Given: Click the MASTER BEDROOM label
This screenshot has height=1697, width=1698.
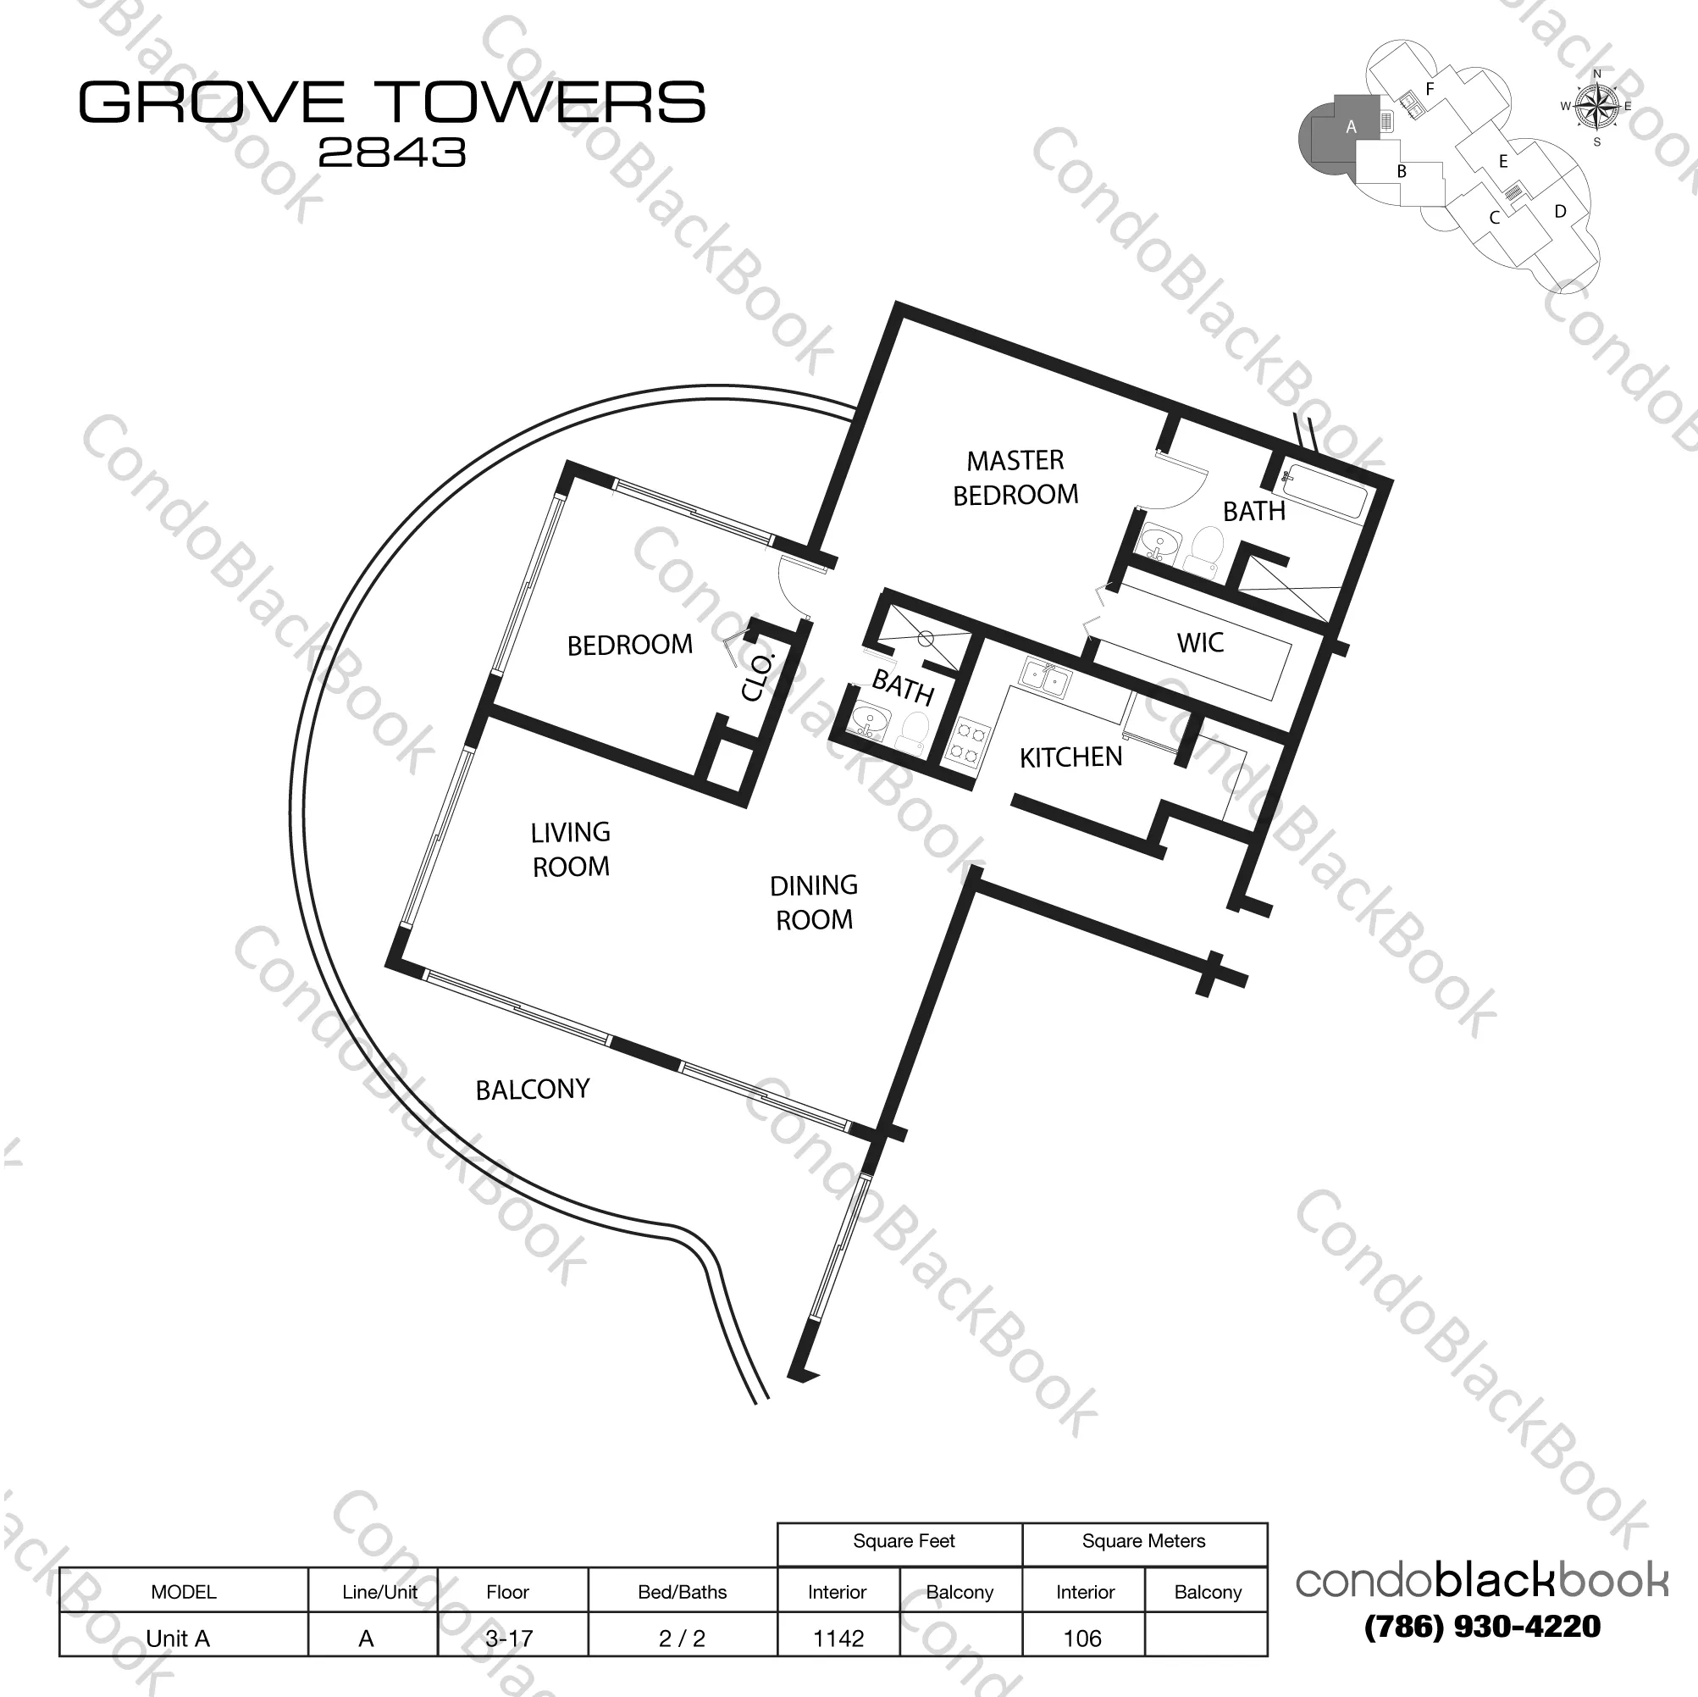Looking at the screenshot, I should coord(1015,478).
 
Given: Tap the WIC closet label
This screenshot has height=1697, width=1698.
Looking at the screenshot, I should coord(1200,643).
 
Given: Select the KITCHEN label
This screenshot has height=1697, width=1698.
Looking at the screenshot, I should coord(1070,757).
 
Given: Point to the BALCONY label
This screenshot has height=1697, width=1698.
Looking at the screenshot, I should coord(533,1090).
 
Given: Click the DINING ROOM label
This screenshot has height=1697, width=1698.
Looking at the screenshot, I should coord(814,902).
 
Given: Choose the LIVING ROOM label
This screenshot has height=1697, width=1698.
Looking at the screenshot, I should coord(571,850).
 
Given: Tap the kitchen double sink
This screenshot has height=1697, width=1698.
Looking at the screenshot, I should coord(1044,679).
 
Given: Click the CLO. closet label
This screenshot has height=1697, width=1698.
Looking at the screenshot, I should coord(758,677).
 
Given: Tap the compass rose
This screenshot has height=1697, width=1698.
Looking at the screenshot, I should coord(1597,108).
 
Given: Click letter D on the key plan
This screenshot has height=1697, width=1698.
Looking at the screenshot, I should coord(1560,211).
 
